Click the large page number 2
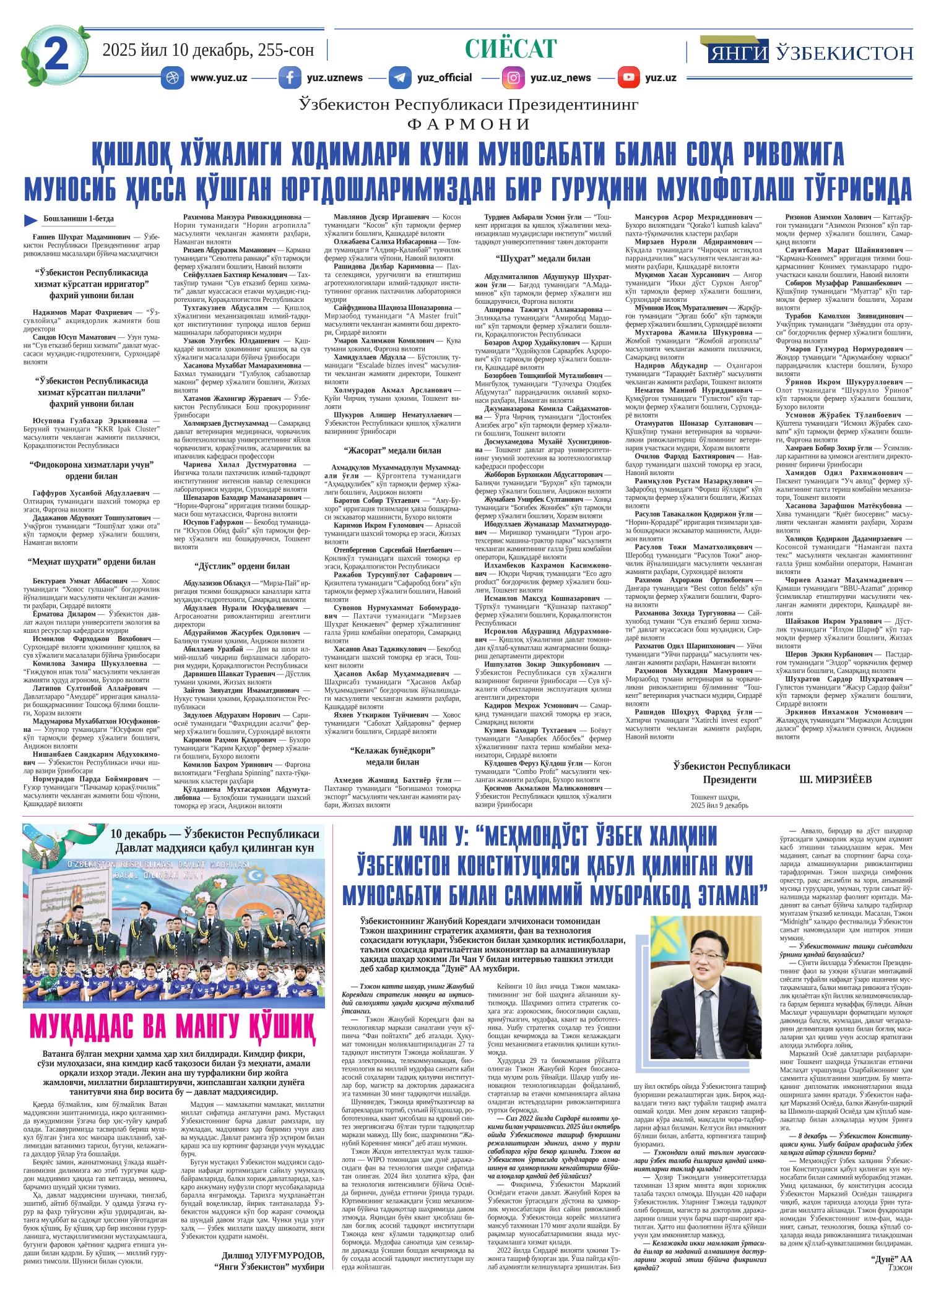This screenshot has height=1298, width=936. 56,54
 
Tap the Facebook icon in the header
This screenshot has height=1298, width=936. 290,78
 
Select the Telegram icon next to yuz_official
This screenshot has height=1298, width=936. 400,78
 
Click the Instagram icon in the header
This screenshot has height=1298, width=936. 513,78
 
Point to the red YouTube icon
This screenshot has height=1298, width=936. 628,78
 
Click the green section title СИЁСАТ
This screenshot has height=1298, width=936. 511,49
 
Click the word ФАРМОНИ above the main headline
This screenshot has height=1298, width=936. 468,124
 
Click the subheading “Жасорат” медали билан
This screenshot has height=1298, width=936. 392,450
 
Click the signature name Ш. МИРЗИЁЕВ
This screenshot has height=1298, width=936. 835,780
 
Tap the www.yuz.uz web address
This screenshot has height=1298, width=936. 219,78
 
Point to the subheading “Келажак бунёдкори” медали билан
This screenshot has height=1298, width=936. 392,756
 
